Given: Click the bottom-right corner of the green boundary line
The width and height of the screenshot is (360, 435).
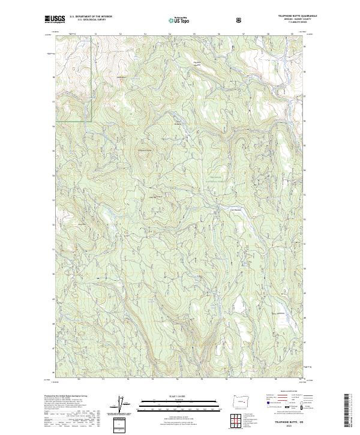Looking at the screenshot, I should point(91,121).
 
